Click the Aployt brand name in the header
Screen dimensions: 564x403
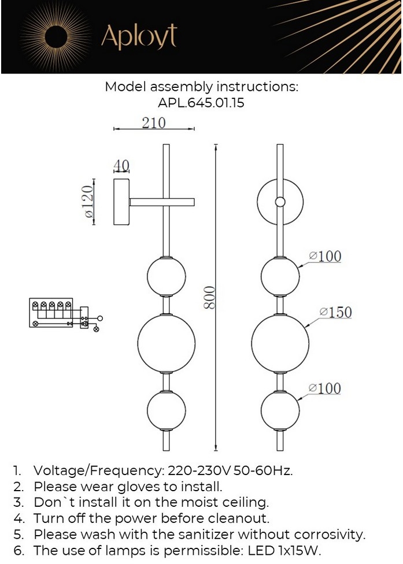[139, 36]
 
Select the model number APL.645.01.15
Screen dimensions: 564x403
[201, 104]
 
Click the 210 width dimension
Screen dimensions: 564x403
[153, 123]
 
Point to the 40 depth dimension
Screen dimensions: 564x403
[121, 166]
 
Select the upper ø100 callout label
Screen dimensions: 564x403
[325, 256]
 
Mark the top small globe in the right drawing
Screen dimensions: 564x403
[280, 276]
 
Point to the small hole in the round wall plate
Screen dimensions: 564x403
[280, 202]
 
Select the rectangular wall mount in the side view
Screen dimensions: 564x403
[121, 202]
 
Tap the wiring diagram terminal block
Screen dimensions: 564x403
[52, 313]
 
